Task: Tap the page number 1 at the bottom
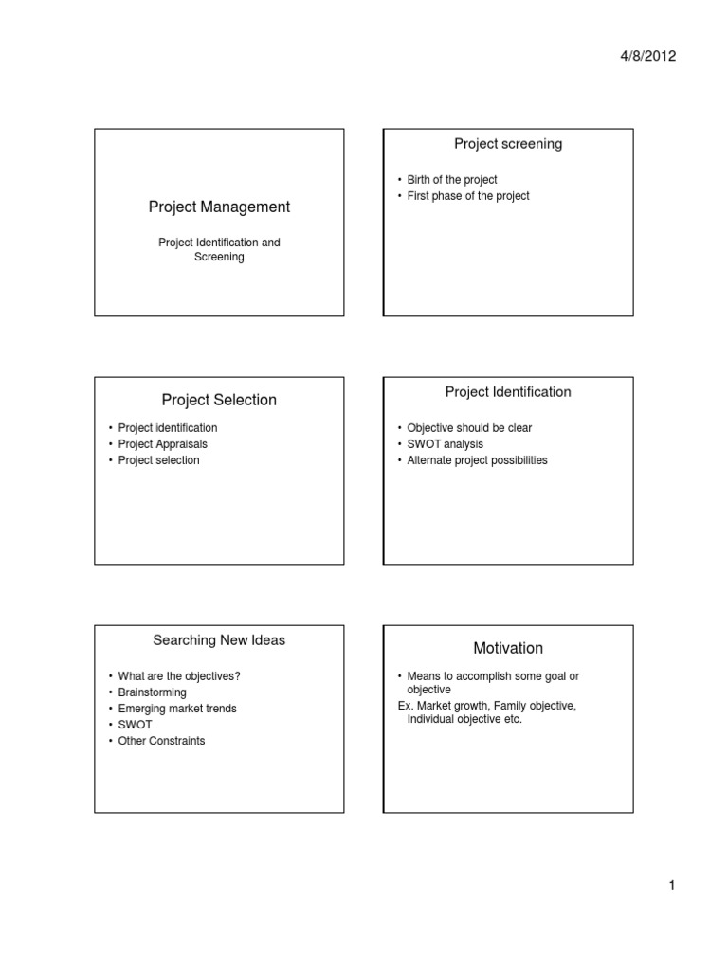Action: coord(671,886)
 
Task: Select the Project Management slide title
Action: coord(219,207)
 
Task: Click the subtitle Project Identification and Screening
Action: coord(219,249)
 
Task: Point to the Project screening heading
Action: coord(508,144)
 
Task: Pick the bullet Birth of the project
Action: coord(452,180)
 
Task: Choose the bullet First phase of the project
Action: coord(468,196)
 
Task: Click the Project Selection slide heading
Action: coord(219,400)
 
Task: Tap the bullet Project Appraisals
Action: coord(162,444)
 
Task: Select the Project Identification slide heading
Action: coord(508,391)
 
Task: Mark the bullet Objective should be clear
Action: coord(469,428)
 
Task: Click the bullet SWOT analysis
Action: coord(445,444)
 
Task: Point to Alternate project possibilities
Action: coord(477,460)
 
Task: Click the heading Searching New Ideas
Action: coord(219,640)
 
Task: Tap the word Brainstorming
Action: coord(153,692)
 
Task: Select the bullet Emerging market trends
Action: coord(177,709)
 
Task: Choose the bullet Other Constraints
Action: coord(161,741)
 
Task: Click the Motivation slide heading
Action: coord(508,648)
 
